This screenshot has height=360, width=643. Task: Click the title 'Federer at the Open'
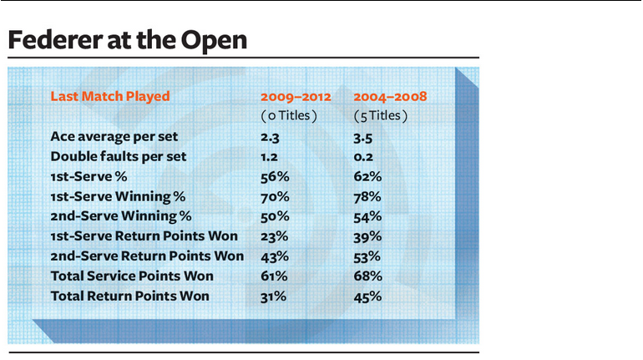coord(128,40)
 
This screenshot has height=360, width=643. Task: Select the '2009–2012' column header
coord(296,97)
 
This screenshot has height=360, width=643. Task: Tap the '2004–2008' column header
coord(390,97)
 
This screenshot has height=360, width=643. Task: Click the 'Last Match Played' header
coord(110,96)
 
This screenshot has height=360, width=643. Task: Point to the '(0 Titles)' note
coord(289,116)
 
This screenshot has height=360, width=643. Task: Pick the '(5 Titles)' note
coord(381,116)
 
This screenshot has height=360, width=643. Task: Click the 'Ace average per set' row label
coord(114,136)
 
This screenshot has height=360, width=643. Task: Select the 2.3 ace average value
coord(270,137)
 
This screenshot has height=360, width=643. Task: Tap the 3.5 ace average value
coord(363,138)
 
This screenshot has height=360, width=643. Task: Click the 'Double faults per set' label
coord(118,157)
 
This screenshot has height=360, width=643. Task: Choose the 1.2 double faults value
coord(269,157)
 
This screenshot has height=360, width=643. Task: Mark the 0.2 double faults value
coord(363,157)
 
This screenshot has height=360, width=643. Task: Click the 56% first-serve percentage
coord(275,177)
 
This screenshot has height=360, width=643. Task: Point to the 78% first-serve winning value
coord(367,197)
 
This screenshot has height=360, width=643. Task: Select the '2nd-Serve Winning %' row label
coord(121,216)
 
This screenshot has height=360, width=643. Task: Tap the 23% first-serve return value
coord(275,236)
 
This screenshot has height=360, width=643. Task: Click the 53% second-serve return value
coord(367,256)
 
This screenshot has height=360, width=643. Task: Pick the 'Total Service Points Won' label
coord(132,276)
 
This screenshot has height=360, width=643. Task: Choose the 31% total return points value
coord(274,297)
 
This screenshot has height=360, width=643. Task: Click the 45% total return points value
coord(367,297)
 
